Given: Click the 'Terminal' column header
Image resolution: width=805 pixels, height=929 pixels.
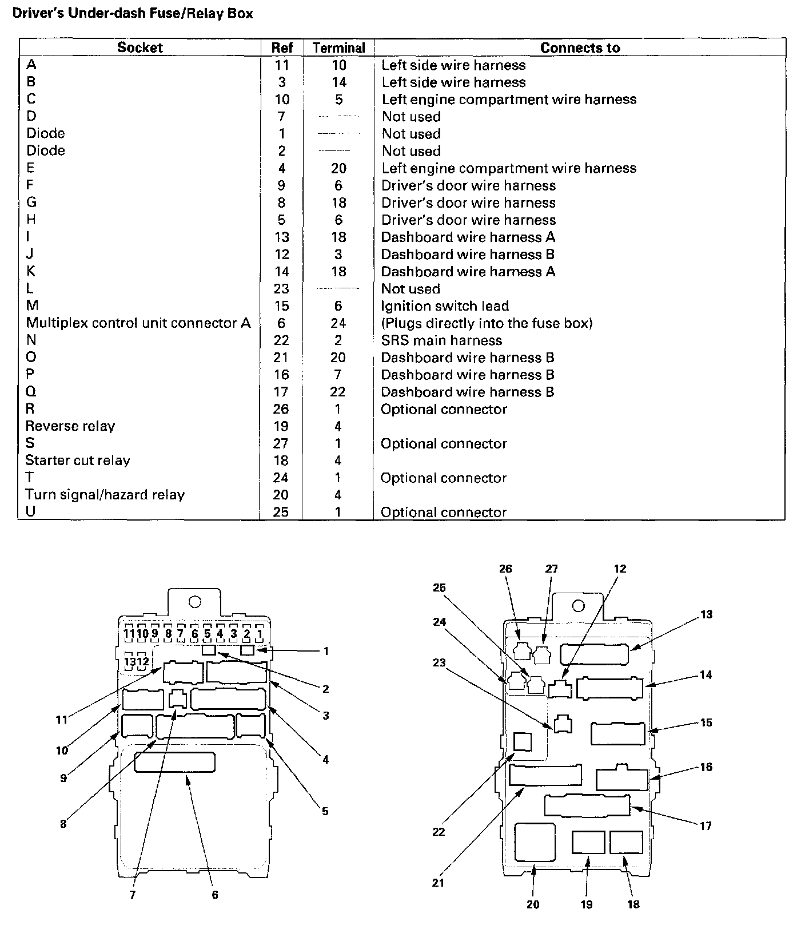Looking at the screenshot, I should tap(338, 48).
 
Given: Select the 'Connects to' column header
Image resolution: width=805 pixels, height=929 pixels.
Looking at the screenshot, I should tap(580, 48).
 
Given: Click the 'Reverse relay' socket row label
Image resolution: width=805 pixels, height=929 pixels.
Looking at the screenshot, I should tap(70, 426).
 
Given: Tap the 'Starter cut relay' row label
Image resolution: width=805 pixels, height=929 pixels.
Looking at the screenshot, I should tap(78, 460).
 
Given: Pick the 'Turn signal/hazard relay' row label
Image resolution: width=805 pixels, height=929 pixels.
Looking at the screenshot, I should tap(105, 495).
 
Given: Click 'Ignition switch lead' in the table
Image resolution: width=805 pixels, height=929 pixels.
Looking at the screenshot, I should tap(445, 306).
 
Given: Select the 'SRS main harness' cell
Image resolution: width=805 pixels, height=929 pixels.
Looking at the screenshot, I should tap(441, 340).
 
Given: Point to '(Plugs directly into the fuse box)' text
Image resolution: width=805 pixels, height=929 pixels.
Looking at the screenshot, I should tap(487, 323).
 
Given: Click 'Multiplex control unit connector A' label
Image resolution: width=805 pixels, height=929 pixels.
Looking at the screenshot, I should tap(138, 323).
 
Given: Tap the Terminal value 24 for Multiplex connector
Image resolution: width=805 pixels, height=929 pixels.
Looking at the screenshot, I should tap(338, 323).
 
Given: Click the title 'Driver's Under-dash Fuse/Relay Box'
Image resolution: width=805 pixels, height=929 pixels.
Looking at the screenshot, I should tap(132, 13).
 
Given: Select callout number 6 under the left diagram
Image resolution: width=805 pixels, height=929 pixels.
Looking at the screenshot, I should tap(215, 895).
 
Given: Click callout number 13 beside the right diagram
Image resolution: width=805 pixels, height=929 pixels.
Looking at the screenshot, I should tap(707, 614).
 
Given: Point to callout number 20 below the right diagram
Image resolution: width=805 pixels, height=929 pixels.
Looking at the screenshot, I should tap(533, 904).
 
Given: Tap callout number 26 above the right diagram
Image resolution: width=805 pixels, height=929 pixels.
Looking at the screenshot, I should tap(505, 569).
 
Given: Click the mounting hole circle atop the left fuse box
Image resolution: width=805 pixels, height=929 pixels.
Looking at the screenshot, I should tap(194, 602).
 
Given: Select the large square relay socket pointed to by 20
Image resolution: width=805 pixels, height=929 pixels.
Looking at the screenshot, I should tap(535, 842).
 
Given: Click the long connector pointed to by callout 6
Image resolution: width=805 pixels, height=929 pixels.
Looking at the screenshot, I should tap(174, 763).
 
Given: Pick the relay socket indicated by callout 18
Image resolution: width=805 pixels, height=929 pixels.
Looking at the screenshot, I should tap(626, 843).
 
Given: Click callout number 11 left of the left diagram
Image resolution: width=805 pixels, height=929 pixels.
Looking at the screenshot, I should tap(62, 720).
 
